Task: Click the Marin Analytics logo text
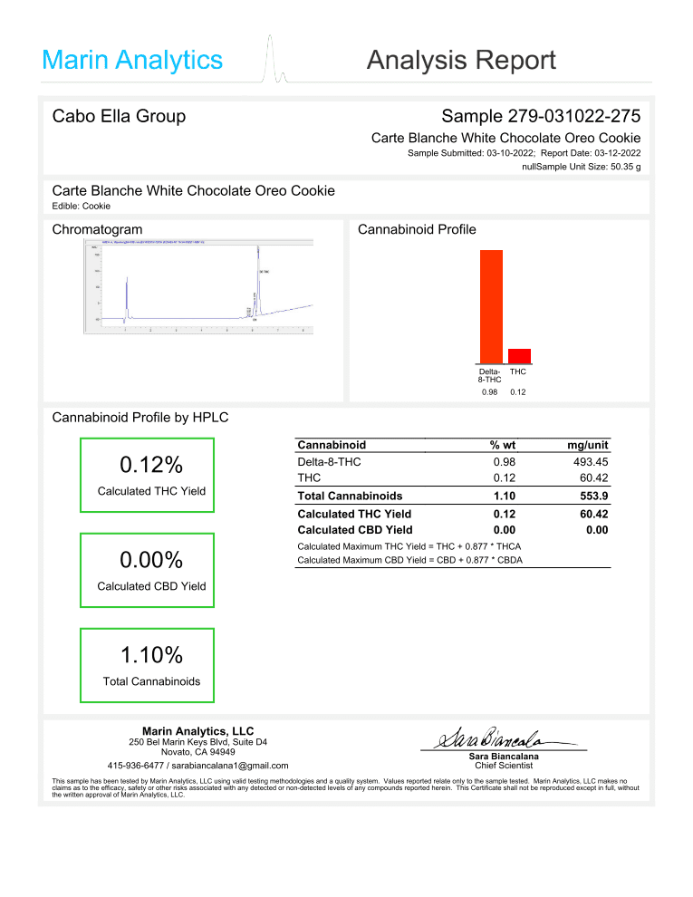[x=132, y=61]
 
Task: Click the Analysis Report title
[x=461, y=61]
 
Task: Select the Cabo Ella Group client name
[x=119, y=116]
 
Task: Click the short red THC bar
[x=519, y=355]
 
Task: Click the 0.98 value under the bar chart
[x=489, y=392]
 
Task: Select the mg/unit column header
[x=588, y=445]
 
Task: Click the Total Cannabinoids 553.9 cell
[x=593, y=496]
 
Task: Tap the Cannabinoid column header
[x=332, y=445]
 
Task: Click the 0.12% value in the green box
[x=151, y=465]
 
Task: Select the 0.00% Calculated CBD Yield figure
[x=151, y=560]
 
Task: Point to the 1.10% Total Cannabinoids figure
[x=151, y=654]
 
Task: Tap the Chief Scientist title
[x=504, y=766]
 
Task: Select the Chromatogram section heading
[x=97, y=229]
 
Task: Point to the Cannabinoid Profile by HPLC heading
[x=140, y=418]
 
